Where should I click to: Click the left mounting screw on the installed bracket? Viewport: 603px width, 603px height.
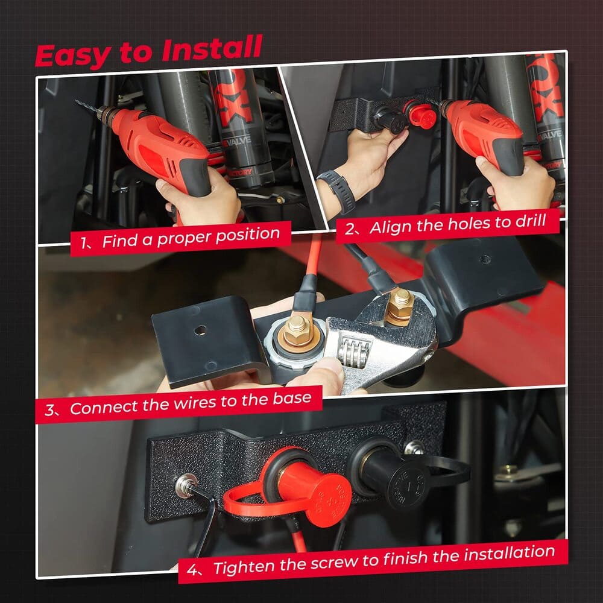184,485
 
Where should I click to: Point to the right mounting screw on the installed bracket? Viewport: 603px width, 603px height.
414,447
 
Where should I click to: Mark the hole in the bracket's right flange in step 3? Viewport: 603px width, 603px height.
483,260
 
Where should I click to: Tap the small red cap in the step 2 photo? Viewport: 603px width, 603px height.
421,115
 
